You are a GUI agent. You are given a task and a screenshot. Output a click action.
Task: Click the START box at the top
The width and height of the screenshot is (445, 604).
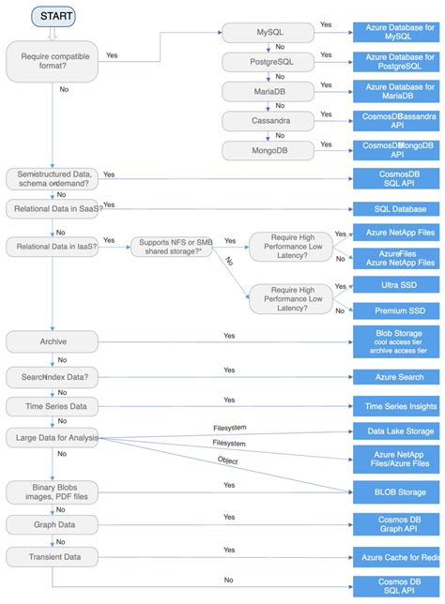click(54, 16)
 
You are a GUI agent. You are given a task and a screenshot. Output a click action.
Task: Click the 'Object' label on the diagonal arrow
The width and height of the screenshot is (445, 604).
click(228, 461)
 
